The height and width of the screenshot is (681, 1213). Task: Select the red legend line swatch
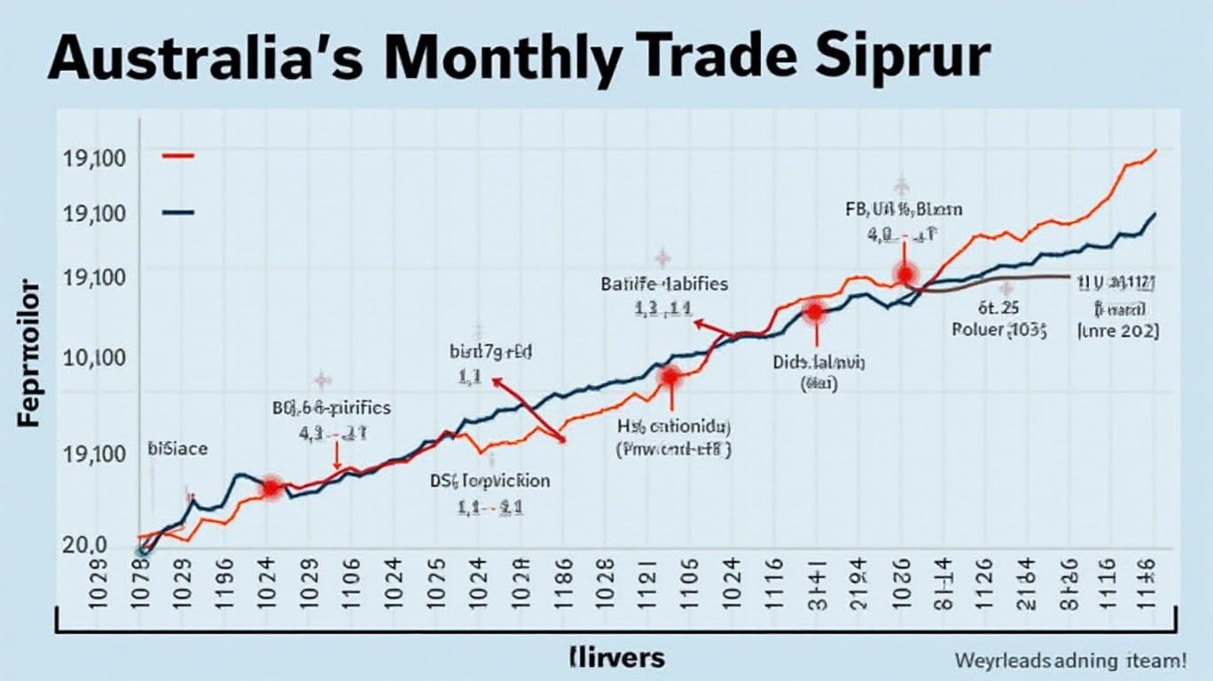(x=178, y=156)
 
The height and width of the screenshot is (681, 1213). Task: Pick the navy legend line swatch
(x=178, y=213)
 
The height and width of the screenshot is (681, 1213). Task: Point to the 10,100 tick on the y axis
(x=94, y=358)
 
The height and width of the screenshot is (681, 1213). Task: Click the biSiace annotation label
(x=178, y=449)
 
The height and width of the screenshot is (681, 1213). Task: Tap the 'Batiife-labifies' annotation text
(x=664, y=285)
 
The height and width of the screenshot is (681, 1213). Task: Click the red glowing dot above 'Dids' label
(x=813, y=311)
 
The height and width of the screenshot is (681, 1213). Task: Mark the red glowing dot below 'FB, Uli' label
(x=905, y=274)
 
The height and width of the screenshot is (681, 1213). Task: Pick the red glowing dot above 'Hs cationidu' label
(x=669, y=377)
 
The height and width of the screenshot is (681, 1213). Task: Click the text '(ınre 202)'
(x=1117, y=332)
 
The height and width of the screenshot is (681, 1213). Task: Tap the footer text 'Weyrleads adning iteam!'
(x=1071, y=660)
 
